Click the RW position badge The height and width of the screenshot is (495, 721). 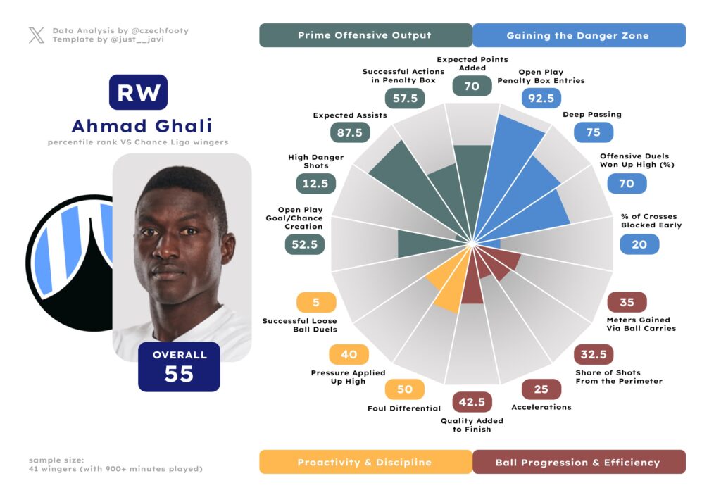pyautogui.click(x=138, y=92)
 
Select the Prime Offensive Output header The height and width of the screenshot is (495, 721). pyautogui.click(x=365, y=35)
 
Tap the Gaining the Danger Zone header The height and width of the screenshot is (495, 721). pyautogui.click(x=578, y=35)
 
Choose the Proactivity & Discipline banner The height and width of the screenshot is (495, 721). pyautogui.click(x=365, y=462)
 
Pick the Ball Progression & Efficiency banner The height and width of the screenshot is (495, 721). pyautogui.click(x=578, y=462)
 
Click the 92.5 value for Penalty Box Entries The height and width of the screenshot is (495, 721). pyautogui.click(x=541, y=98)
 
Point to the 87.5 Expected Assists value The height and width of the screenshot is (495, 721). pyautogui.click(x=349, y=132)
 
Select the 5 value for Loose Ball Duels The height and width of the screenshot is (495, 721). pyautogui.click(x=316, y=302)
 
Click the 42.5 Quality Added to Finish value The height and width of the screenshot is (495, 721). pyautogui.click(x=472, y=401)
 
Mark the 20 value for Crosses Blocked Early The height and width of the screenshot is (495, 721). pyautogui.click(x=639, y=244)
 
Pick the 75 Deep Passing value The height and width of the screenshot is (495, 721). pyautogui.click(x=594, y=132)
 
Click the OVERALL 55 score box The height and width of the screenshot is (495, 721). pyautogui.click(x=179, y=366)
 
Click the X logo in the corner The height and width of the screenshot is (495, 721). pyautogui.click(x=36, y=35)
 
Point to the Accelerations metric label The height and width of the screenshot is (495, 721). pyautogui.click(x=541, y=406)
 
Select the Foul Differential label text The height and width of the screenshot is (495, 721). pyautogui.click(x=404, y=408)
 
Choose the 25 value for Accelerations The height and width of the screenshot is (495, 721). pyautogui.click(x=541, y=389)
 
